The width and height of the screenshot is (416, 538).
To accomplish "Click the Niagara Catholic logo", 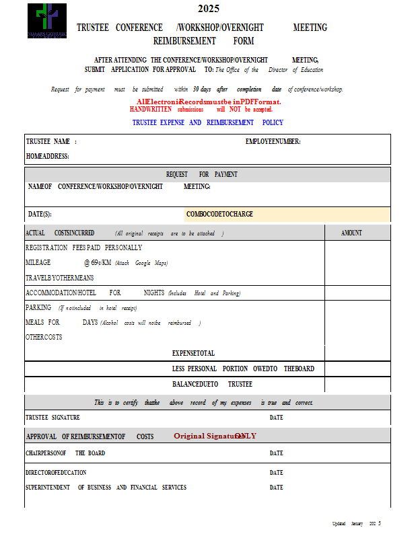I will pos(47,21).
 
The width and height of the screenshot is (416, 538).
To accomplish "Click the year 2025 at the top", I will pos(208,9).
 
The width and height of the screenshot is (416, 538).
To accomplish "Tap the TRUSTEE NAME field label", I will pos(51,142).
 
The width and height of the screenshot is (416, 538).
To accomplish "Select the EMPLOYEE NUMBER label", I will pos(273,142).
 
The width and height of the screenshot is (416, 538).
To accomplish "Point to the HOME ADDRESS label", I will pos(47,156).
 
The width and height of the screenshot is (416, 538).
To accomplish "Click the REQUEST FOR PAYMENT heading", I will pos(201,174).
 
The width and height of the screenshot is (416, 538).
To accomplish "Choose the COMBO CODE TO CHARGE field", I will pos(287,215).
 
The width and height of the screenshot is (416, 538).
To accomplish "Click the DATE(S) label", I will pos(40,215).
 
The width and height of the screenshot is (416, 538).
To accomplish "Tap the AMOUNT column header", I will pos(351,233).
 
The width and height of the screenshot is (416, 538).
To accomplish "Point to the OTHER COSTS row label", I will pos(44,338).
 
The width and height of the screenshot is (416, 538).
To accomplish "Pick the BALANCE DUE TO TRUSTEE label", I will pos(212,384).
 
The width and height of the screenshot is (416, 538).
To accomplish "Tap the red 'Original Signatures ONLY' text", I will pos(215,436).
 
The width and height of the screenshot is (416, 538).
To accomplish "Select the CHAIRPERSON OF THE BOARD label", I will pos(65,453).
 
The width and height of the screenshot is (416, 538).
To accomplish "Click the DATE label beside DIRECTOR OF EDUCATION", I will pos(276,473).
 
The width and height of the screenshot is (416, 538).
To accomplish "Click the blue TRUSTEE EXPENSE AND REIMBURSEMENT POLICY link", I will pos(207,123).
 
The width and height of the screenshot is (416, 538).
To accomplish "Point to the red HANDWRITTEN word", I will pos(150,109).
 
